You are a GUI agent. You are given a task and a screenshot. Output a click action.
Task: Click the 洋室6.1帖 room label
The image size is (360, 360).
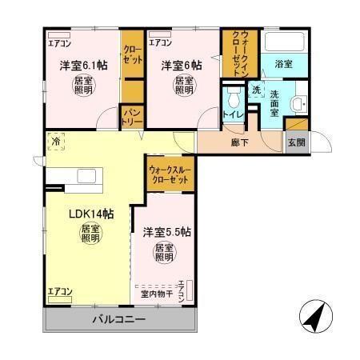click(80, 66)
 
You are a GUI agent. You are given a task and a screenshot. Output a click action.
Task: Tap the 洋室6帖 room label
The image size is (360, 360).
click(181, 66)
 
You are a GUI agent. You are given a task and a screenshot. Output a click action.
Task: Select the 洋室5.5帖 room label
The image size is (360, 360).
click(166, 232)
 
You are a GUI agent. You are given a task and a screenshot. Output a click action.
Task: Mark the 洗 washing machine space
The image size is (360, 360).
click(257, 91)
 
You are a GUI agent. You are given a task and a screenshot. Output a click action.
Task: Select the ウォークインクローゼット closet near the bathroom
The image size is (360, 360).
click(240, 52)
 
